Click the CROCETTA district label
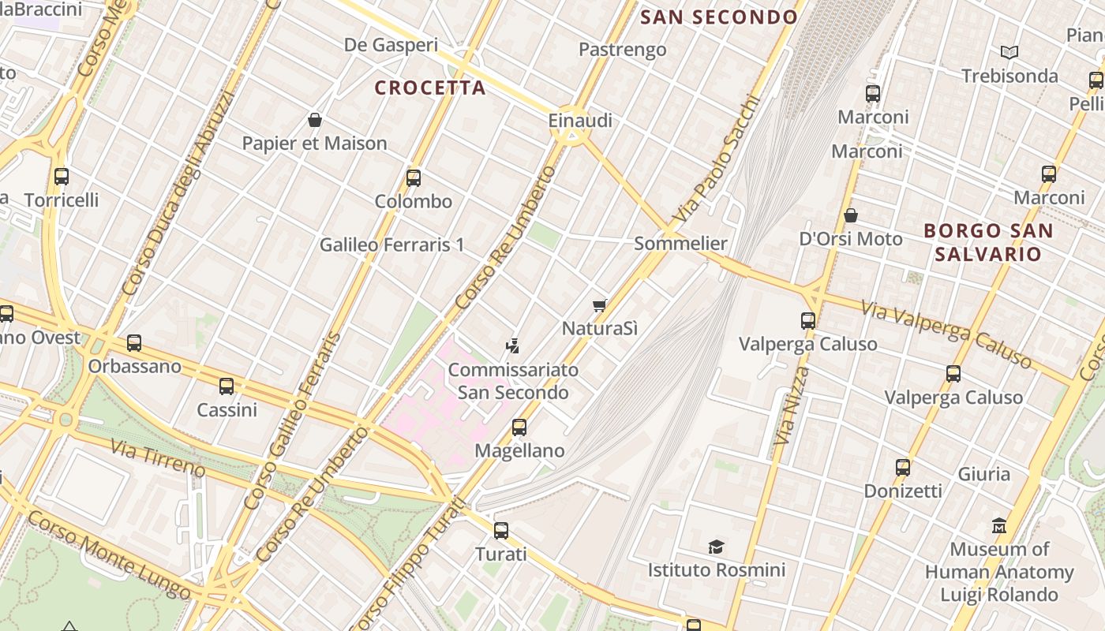(x=430, y=88)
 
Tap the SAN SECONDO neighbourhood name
(x=719, y=17)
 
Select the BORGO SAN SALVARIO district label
(x=988, y=242)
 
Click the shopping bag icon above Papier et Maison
(x=315, y=120)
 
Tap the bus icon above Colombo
(x=414, y=177)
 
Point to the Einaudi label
(x=580, y=121)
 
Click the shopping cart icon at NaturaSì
(x=600, y=304)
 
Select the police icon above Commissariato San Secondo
(x=513, y=345)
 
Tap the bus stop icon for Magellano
(x=519, y=427)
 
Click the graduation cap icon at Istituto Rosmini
(x=716, y=546)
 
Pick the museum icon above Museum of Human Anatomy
(x=999, y=525)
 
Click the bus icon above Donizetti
(x=903, y=467)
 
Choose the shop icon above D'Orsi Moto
(x=851, y=215)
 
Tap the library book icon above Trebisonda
(x=1009, y=52)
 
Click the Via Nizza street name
(x=792, y=406)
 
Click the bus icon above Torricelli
(x=62, y=177)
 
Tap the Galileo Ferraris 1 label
(x=391, y=245)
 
